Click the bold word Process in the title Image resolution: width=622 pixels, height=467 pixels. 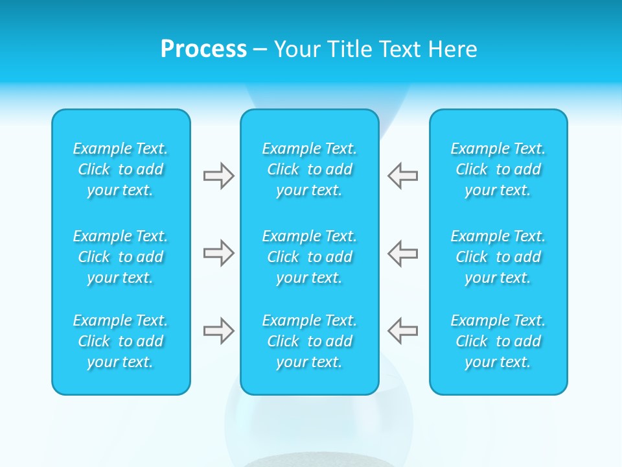203,49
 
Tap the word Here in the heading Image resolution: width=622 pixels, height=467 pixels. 454,49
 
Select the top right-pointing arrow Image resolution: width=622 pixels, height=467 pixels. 218,176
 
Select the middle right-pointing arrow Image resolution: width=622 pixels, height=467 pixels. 218,253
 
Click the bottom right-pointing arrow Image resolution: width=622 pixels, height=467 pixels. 218,331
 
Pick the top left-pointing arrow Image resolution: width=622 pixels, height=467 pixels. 403,176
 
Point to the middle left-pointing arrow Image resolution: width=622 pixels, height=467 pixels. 403,253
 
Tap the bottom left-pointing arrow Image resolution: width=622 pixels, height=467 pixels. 403,331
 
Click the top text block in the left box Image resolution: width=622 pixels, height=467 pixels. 121,169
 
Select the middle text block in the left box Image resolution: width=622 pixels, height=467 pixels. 121,257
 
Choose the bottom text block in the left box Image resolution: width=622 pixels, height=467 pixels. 121,341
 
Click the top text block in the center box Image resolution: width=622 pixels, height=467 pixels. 310,169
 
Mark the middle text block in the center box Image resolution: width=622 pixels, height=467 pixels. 310,257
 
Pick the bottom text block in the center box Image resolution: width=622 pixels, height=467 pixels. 310,341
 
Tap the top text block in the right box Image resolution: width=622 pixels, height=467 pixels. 498,169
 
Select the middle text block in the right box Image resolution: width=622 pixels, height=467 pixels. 498,257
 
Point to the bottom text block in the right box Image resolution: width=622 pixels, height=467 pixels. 498,341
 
